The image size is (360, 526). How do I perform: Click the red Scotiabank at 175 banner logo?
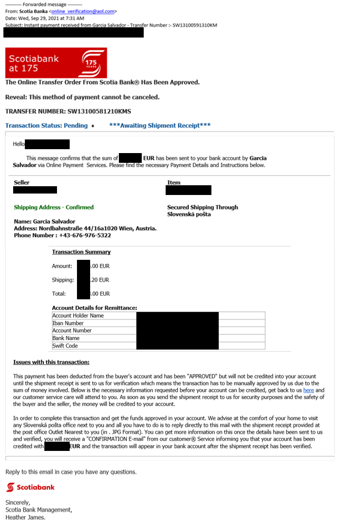point(56,63)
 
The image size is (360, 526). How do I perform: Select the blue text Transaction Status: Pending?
point(46,126)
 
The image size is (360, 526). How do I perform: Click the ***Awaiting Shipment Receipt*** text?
point(160,126)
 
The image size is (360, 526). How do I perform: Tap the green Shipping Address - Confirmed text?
point(54,207)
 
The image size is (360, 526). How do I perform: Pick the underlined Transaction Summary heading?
point(81,252)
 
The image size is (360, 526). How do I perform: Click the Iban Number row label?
point(68,323)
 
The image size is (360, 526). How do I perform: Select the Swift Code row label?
point(65,346)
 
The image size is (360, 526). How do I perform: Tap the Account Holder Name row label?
point(78,315)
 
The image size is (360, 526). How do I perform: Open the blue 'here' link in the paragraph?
point(308,390)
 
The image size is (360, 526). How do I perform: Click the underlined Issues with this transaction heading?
point(51,362)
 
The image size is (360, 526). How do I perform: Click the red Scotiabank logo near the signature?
point(30,487)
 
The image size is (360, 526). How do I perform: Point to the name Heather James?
point(25,518)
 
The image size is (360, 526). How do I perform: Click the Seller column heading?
point(21,183)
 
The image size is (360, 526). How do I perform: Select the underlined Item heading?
point(174,183)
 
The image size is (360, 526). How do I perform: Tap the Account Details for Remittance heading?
point(95,308)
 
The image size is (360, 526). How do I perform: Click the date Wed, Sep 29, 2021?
point(41,18)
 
